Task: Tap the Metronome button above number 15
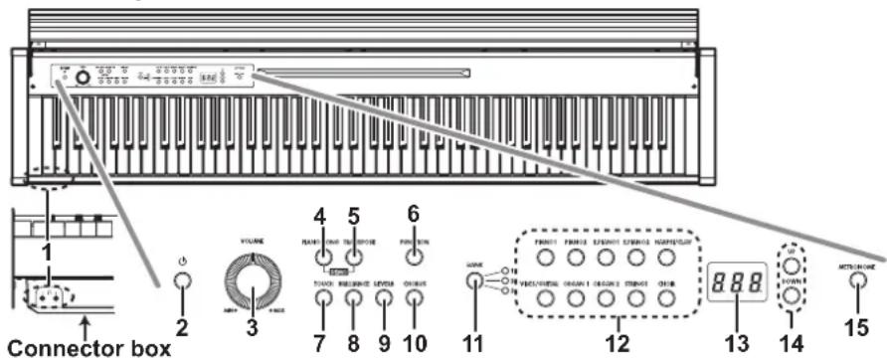click(x=855, y=281)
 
